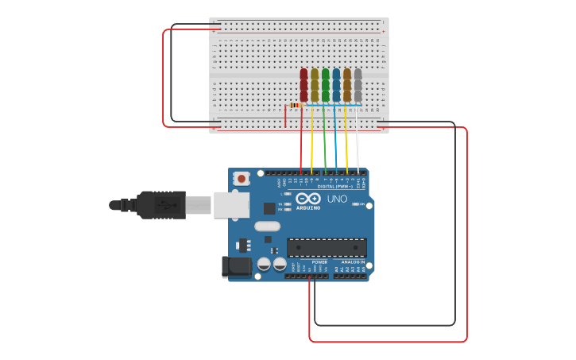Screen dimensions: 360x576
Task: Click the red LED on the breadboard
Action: pyautogui.click(x=303, y=84)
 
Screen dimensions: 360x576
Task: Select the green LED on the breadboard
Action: pyautogui.click(x=325, y=84)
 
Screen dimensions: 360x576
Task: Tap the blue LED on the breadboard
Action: pyautogui.click(x=336, y=84)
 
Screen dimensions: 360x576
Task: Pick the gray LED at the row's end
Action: pyautogui.click(x=358, y=84)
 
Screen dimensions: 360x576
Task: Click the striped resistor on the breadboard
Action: pyautogui.click(x=296, y=105)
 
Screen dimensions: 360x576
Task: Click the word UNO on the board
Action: pyautogui.click(x=337, y=199)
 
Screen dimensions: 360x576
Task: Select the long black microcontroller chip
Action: pyautogui.click(x=327, y=247)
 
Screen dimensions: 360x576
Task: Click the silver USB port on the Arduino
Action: pyautogui.click(x=230, y=204)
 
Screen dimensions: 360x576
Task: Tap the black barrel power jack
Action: pyautogui.click(x=236, y=266)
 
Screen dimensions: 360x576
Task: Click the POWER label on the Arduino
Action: pyautogui.click(x=319, y=261)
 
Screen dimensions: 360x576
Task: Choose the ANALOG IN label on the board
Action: pyautogui.click(x=353, y=261)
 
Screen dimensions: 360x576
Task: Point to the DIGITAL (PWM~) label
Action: pyautogui.click(x=334, y=186)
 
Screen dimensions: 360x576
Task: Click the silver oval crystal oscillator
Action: pyautogui.click(x=268, y=226)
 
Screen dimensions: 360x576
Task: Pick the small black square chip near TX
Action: pyautogui.click(x=269, y=208)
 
